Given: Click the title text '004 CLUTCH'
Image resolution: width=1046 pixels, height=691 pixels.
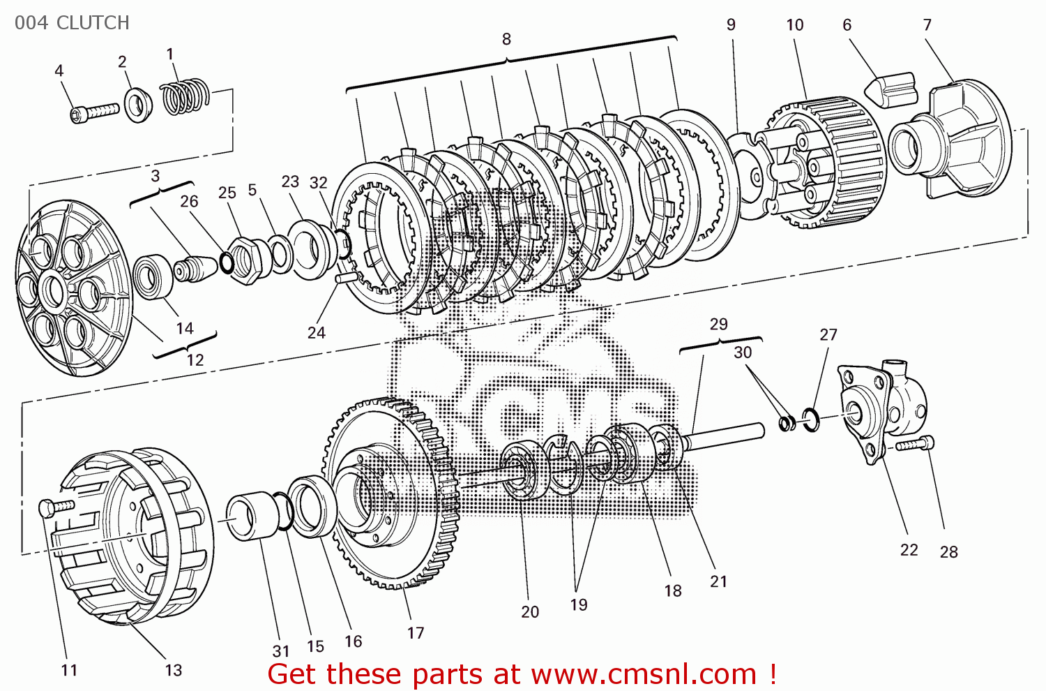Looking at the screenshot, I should (72, 23).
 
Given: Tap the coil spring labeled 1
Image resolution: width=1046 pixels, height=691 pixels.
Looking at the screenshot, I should (185, 96).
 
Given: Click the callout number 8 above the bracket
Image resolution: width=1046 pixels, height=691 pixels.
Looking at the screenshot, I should (506, 39).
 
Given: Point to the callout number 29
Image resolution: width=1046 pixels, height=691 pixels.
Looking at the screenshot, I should (718, 324).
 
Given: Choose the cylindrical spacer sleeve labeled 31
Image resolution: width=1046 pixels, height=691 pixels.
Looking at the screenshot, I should (251, 517).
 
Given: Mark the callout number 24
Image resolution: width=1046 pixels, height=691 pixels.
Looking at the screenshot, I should (317, 332).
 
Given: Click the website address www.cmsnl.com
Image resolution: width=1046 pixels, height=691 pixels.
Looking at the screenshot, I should (644, 674).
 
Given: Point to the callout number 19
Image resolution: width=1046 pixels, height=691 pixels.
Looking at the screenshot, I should (579, 604).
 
